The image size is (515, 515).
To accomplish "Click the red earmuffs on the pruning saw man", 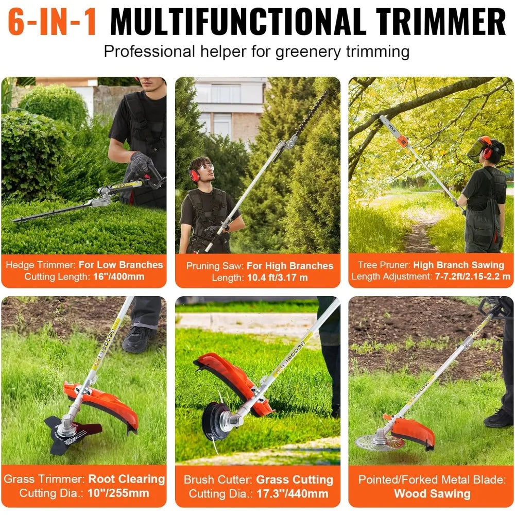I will [x=194, y=175].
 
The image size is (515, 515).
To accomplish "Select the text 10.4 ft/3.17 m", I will [x=279, y=278].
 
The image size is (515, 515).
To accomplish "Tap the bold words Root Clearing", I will [x=127, y=479].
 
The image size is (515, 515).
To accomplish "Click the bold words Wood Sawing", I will [x=432, y=494].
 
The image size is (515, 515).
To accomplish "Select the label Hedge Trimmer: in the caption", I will [x=40, y=265].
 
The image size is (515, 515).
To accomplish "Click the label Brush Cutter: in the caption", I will [x=218, y=480].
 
